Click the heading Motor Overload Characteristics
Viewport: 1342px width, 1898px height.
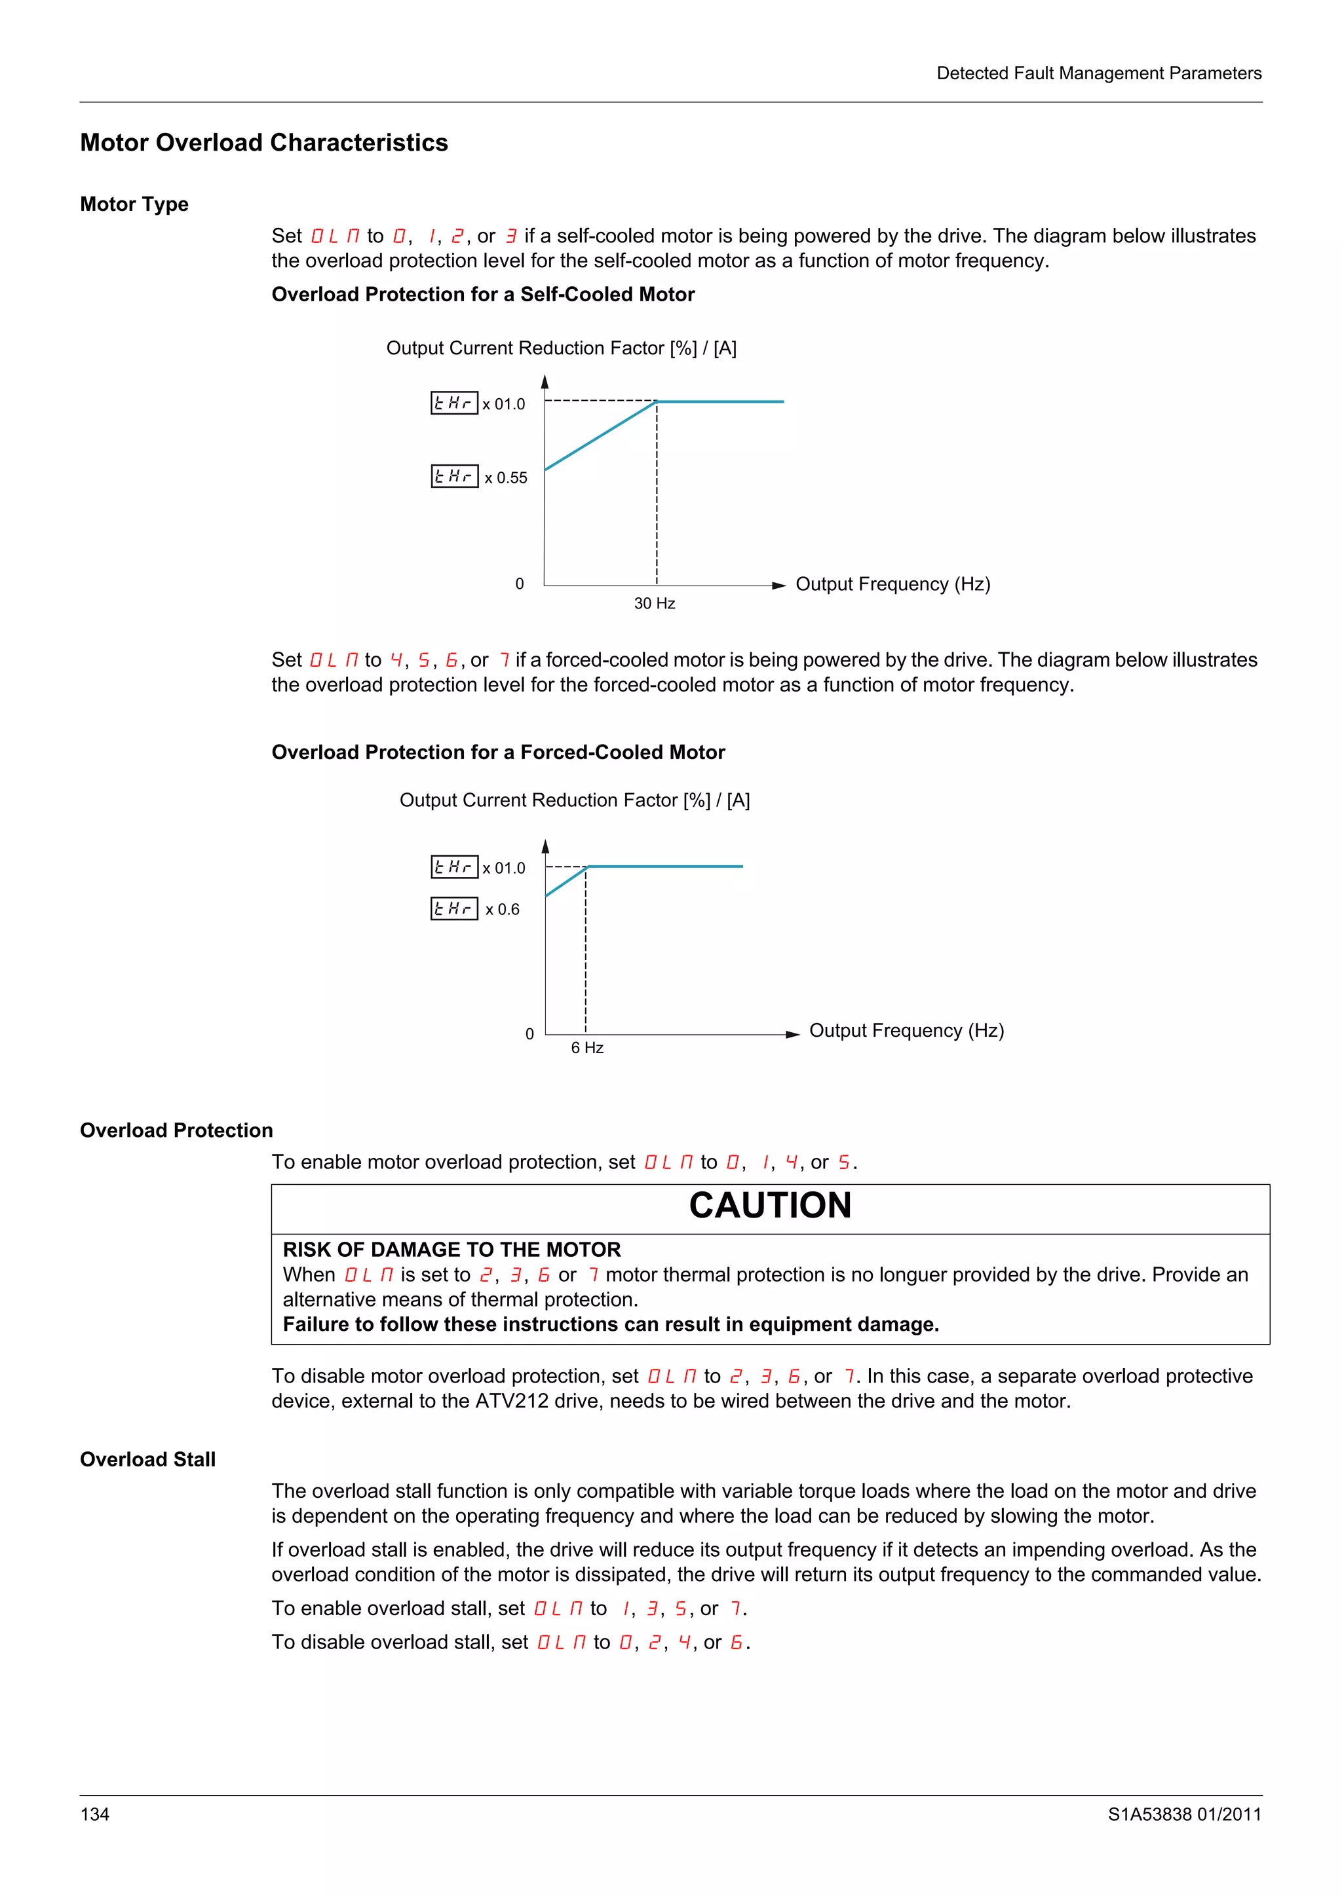pos(264,142)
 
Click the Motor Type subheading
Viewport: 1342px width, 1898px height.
pos(134,204)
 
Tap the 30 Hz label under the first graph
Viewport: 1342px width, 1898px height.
pos(654,603)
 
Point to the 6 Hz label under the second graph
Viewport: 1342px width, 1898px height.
pos(587,1047)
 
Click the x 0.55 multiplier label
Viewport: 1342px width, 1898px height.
pos(505,478)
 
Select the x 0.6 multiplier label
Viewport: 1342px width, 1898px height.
pos(502,909)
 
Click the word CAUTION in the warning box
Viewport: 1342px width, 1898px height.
pos(770,1205)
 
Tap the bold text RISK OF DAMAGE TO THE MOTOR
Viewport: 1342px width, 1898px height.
pos(451,1249)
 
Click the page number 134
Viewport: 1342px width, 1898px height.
pos(94,1814)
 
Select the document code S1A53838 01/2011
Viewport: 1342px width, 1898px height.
pos(1184,1814)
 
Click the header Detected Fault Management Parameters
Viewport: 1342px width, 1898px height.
pos(1098,73)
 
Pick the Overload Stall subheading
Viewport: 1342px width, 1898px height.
pos(147,1459)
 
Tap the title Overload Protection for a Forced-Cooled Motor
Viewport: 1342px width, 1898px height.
pos(498,753)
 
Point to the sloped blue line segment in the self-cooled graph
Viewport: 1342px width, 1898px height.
pos(600,436)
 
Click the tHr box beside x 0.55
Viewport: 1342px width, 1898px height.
pos(454,476)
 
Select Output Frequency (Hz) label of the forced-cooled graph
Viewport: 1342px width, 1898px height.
pos(906,1030)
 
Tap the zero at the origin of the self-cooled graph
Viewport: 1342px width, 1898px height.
pos(519,584)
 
